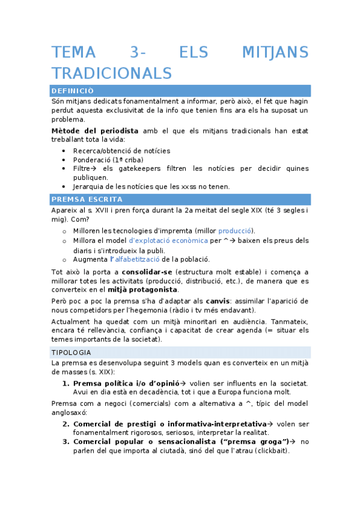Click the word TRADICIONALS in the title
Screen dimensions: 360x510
click(112, 73)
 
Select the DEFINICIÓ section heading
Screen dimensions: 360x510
click(73, 91)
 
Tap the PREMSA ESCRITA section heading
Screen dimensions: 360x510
click(87, 199)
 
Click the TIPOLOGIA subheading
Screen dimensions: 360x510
click(72, 352)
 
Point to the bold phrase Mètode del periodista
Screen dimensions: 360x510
click(95, 131)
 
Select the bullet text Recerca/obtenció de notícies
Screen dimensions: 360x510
click(121, 150)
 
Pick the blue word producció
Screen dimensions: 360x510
click(235, 231)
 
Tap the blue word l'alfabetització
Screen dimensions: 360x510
click(135, 259)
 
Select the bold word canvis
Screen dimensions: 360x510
click(217, 300)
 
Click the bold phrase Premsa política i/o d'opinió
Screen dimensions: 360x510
click(126, 383)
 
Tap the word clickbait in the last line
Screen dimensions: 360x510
click(269, 450)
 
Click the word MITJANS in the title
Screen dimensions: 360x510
click(275, 52)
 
